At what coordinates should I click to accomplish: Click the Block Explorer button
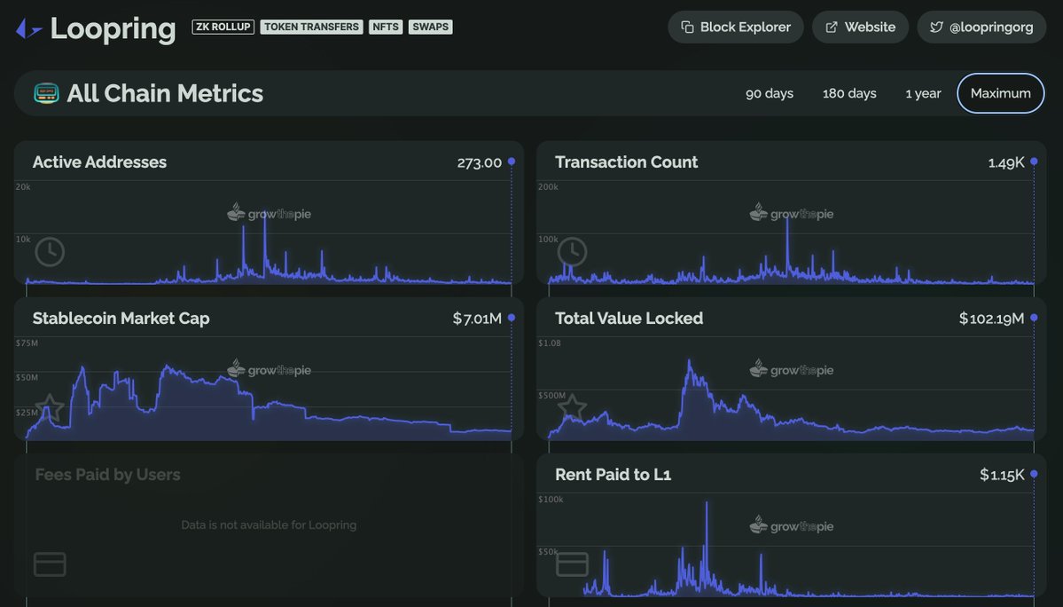[x=735, y=27]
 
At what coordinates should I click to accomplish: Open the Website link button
[x=860, y=27]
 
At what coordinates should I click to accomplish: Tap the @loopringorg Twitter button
[x=981, y=27]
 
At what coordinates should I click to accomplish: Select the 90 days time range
[x=769, y=93]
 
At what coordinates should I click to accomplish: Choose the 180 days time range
[x=849, y=93]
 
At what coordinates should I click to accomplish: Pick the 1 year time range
[x=923, y=93]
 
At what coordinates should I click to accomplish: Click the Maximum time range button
[x=1000, y=93]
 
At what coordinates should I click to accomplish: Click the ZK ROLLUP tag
[x=223, y=27]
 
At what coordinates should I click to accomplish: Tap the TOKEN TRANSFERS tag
[x=311, y=27]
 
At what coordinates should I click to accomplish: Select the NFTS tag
[x=386, y=27]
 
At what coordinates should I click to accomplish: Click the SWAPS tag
[x=431, y=27]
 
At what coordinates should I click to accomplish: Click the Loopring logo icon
[x=28, y=29]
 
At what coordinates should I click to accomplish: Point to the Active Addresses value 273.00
[x=479, y=162]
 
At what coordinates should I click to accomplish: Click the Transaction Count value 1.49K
[x=1006, y=162]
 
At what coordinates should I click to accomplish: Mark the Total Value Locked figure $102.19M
[x=991, y=319]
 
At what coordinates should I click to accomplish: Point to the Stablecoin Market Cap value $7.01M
[x=477, y=319]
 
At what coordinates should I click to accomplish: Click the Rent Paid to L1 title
[x=613, y=475]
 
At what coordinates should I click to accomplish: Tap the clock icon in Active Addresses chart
[x=50, y=252]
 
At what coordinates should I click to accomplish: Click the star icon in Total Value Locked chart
[x=572, y=407]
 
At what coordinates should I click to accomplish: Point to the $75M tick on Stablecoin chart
[x=27, y=343]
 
